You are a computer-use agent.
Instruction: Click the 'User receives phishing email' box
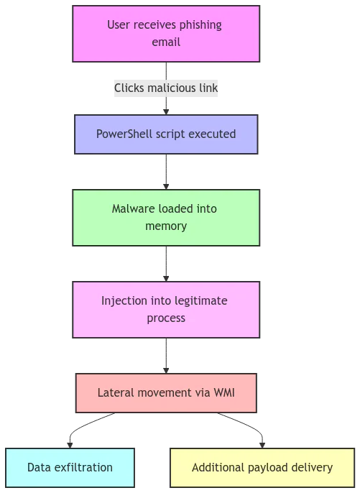166,34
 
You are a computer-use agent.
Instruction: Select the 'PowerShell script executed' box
166,134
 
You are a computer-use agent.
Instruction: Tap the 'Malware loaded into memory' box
166,218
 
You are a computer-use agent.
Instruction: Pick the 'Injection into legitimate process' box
166,310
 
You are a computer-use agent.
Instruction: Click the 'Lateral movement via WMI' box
166,393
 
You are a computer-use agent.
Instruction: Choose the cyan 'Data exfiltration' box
70,468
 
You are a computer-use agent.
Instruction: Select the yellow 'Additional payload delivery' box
262,468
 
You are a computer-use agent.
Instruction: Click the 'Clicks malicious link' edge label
166,88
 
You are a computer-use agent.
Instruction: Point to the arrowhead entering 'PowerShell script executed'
166,112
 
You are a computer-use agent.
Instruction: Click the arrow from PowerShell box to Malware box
166,172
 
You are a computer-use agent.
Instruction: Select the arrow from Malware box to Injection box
166,264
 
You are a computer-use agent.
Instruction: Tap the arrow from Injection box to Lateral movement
166,356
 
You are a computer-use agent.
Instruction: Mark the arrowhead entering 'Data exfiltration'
70,446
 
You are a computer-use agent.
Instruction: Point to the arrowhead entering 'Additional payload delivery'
262,446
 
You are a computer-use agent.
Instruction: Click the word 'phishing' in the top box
200,25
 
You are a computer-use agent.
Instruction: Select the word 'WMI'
224,392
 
